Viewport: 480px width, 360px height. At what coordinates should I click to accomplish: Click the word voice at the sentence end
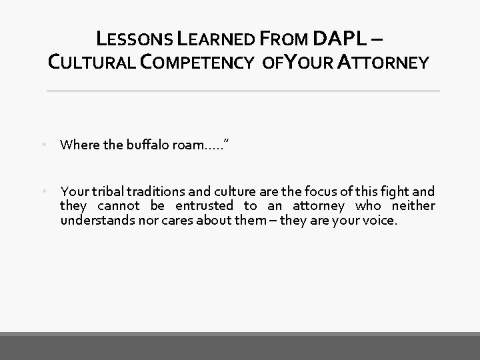[x=379, y=220]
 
